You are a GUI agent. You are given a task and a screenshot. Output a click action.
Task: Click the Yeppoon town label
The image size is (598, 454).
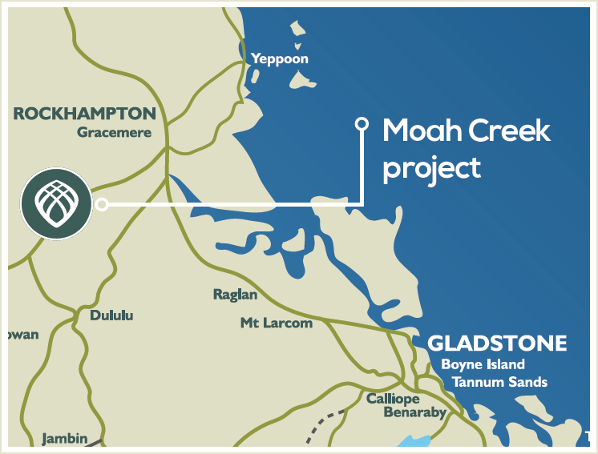pyautogui.click(x=279, y=59)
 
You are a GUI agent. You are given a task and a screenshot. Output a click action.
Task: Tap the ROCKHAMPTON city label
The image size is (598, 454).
pyautogui.click(x=84, y=114)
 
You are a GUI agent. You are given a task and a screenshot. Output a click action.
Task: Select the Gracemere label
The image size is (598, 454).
pyautogui.click(x=114, y=133)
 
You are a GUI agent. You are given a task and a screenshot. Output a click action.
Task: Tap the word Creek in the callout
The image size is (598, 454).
pyautogui.click(x=511, y=131)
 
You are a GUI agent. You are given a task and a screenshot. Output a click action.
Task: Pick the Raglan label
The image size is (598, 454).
pyautogui.click(x=235, y=295)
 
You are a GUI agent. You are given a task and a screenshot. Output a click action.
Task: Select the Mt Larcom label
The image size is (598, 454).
pyautogui.click(x=276, y=323)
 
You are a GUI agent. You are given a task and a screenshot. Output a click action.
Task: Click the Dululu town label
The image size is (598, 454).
pyautogui.click(x=111, y=315)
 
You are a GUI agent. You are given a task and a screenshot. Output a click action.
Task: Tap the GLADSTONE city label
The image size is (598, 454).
pyautogui.click(x=497, y=344)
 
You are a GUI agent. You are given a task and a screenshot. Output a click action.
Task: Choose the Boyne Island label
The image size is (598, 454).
pyautogui.click(x=483, y=365)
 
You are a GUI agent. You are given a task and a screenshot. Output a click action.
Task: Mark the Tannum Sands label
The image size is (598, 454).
pyautogui.click(x=499, y=382)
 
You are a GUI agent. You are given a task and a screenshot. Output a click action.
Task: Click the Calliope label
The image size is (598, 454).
pyautogui.click(x=393, y=399)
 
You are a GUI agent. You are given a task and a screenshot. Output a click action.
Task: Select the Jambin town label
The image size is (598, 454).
pyautogui.click(x=63, y=439)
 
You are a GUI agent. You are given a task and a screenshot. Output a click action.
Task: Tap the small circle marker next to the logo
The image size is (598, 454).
pyautogui.click(x=102, y=204)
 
